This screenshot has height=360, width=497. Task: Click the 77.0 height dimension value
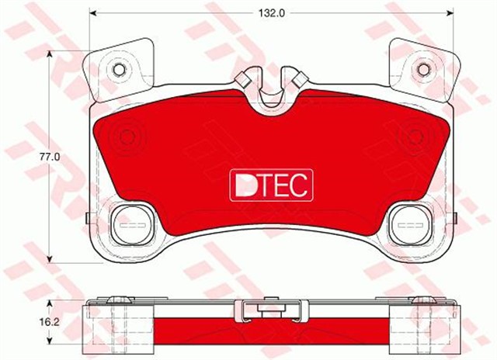coord(50,156)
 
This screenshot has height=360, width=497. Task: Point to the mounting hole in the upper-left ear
coord(119,71)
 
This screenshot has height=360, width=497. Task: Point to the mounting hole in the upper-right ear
coord(425,71)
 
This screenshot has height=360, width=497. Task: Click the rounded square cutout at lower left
coord(129,224)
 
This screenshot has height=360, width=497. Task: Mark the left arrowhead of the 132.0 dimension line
coord(94,13)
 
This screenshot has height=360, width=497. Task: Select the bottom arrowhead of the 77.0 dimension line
coord(50,258)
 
